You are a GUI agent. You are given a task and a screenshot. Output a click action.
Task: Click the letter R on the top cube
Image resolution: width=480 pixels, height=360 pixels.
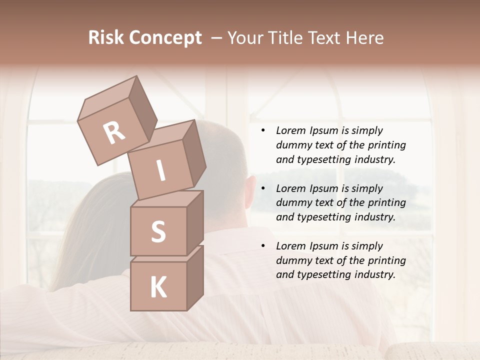(x=114, y=132)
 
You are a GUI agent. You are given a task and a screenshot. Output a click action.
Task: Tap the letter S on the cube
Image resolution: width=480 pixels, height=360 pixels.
(x=158, y=231)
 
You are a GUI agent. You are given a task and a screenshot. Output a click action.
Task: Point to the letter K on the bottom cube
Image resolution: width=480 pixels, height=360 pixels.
(x=158, y=287)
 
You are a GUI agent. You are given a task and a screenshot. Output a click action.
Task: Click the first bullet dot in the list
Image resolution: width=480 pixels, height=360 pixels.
(x=263, y=131)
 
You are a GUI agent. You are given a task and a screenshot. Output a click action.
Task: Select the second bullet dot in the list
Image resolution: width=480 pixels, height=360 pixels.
(x=263, y=189)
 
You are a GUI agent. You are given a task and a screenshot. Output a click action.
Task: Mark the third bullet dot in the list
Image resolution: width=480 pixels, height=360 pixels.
(x=263, y=246)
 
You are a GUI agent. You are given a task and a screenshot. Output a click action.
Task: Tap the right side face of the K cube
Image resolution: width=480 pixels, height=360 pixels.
(x=195, y=277)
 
